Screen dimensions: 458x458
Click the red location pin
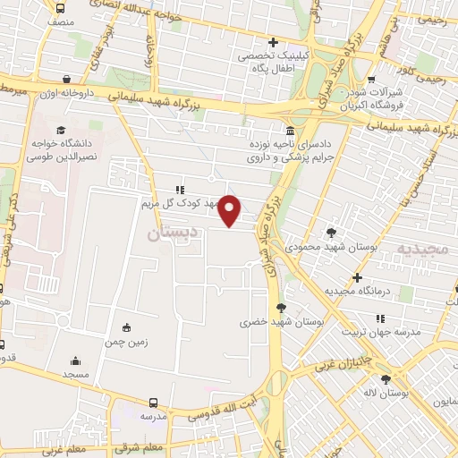pos(231,209)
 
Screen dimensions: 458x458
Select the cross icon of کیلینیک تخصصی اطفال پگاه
pos(274,42)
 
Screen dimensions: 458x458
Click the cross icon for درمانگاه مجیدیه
pos(357,277)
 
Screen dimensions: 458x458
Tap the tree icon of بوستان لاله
pos(386,377)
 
